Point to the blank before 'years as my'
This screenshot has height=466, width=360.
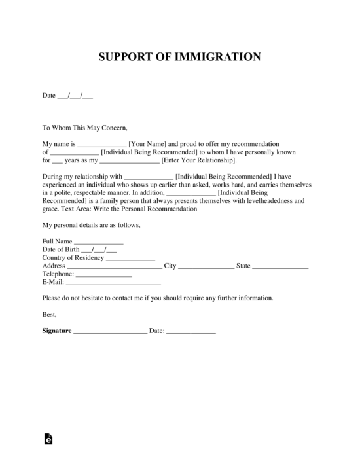(58, 160)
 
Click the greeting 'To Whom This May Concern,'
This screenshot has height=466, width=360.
(85, 128)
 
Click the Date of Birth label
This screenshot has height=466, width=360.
(61, 250)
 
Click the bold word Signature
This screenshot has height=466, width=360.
(57, 331)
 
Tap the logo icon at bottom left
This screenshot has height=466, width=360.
(48, 440)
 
